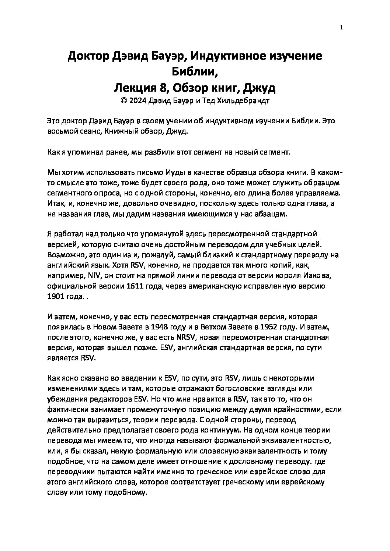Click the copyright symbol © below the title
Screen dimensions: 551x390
pos(123,101)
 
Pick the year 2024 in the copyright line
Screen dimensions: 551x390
pos(138,101)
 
